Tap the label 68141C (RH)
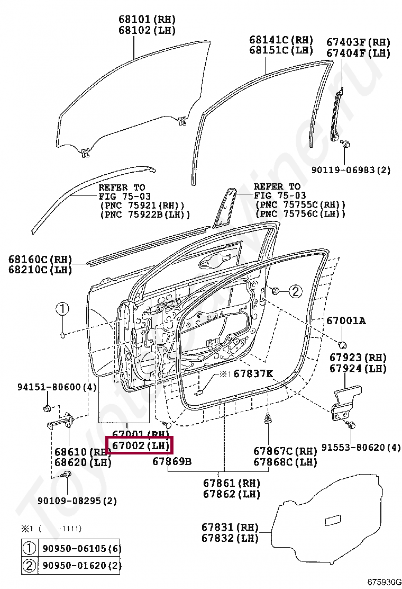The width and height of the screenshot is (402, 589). coord(281,40)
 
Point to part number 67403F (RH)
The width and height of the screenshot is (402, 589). coord(358,42)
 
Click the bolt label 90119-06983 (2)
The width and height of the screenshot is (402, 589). coord(351,170)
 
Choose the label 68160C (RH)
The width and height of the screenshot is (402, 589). coord(40,260)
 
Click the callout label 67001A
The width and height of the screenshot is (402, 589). coord(345,320)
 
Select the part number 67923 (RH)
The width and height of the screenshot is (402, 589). coord(358,358)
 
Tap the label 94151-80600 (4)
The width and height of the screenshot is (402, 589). coord(56,387)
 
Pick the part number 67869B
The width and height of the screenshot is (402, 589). coord(172,461)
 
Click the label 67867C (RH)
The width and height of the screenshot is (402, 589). coord(285,451)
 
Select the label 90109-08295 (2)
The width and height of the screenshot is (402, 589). coord(77,501)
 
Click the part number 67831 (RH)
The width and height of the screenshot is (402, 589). coord(230,528)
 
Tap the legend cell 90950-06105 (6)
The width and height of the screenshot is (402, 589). coord(81,548)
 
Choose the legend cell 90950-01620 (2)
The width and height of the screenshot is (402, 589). coord(81,566)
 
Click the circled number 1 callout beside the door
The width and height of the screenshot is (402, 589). coord(62,309)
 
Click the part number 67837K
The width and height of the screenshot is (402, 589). coord(253,374)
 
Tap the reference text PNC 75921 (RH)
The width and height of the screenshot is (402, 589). coord(142,205)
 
